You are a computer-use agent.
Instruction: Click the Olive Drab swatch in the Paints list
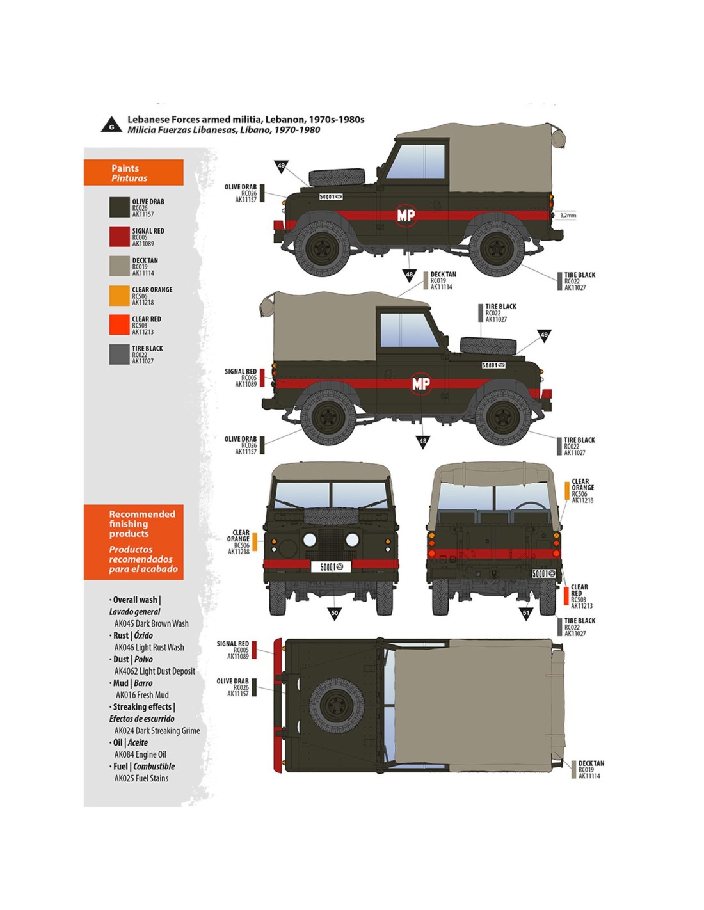120,207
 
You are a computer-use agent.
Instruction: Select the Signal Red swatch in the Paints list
120,236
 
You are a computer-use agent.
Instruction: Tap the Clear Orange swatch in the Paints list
120,295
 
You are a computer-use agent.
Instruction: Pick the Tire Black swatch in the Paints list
120,354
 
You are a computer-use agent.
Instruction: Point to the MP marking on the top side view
406,216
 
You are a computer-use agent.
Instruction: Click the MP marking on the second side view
420,383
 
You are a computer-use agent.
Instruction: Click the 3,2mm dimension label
568,215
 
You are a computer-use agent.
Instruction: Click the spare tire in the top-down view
337,705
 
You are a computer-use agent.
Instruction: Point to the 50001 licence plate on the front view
331,566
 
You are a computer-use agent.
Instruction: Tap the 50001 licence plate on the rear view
545,573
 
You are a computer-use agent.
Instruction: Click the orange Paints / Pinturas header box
133,173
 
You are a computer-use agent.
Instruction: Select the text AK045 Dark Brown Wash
151,623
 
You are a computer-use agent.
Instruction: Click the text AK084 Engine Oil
140,754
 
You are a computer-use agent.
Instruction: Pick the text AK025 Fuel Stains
141,778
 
